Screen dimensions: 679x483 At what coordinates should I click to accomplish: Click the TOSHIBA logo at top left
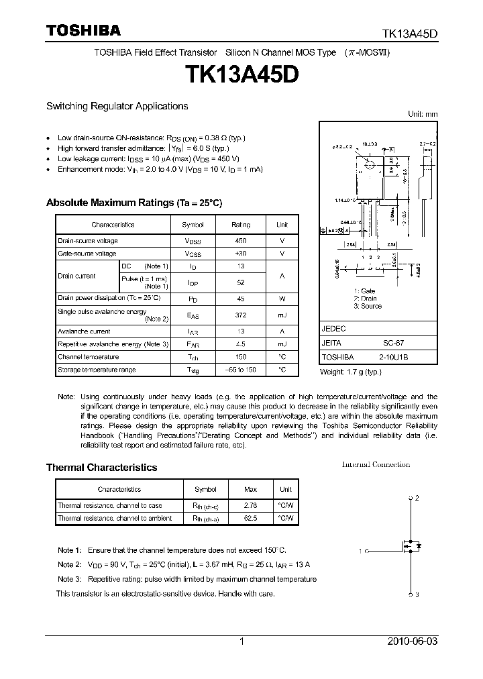click(83, 31)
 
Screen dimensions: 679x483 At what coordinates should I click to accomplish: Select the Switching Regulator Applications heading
click(117, 106)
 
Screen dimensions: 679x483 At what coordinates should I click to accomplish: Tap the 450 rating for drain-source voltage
click(241, 241)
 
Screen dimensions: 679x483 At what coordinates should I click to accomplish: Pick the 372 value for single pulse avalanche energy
click(241, 315)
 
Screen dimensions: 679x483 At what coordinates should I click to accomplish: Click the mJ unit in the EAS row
click(282, 315)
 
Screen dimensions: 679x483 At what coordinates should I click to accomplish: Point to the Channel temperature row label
click(88, 357)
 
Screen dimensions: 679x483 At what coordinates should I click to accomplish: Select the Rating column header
click(241, 225)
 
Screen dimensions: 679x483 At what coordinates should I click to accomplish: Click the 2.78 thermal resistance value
click(250, 505)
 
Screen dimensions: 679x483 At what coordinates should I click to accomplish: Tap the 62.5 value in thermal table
click(250, 518)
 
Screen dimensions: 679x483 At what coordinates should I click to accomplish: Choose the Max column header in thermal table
click(250, 490)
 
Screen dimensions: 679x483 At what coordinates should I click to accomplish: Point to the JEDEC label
click(333, 329)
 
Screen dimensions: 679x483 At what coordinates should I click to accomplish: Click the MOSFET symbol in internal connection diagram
click(411, 546)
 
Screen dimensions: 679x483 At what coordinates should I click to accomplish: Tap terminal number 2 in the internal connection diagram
click(417, 498)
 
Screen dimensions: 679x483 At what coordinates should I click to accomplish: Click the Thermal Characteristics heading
click(101, 468)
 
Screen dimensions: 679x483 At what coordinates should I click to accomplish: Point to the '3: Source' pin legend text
click(367, 307)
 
